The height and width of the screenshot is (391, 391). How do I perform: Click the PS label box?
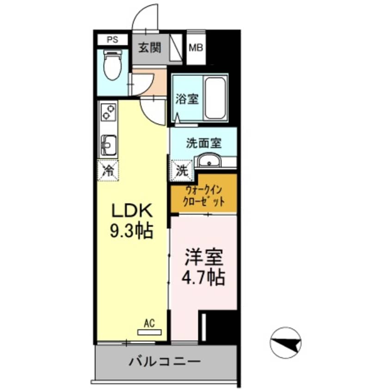click(x=112, y=39)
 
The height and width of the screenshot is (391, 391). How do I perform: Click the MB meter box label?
click(x=196, y=48)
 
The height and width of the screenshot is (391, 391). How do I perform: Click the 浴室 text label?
click(x=187, y=99)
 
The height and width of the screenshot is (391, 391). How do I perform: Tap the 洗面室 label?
click(x=204, y=143)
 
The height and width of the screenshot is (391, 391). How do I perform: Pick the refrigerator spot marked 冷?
click(x=108, y=171)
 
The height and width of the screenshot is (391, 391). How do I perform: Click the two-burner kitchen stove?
click(x=108, y=112)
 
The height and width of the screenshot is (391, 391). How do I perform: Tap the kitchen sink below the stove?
click(x=108, y=145)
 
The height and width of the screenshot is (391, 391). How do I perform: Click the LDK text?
click(x=132, y=211)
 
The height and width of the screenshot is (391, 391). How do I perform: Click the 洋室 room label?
click(x=204, y=257)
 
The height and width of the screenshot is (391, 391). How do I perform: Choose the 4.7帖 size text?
click(x=204, y=277)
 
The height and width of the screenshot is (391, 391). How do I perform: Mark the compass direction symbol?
click(x=285, y=342)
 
